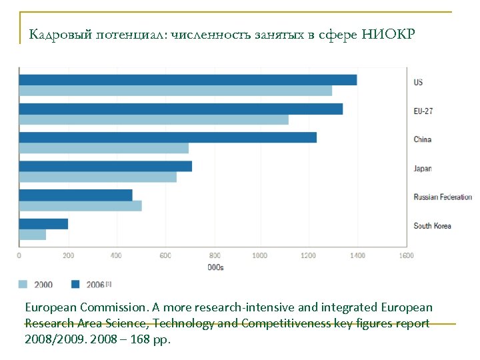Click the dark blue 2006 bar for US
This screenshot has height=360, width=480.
coord(187,80)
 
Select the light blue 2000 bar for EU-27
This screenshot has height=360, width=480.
coord(153,119)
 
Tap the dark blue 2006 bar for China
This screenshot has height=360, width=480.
coord(167,137)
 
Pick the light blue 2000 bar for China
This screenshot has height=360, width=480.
coord(103,148)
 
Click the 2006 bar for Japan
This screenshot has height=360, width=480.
coord(105,166)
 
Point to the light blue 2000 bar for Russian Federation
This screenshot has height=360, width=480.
coord(80,206)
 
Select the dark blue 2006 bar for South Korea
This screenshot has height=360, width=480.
coord(43,224)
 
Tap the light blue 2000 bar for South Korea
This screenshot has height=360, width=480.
coord(32,235)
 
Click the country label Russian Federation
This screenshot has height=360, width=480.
coord(442,197)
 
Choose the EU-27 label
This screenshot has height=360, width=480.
coord(423,111)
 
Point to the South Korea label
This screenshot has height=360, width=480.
coord(432,226)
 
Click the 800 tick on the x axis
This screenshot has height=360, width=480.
coord(215,255)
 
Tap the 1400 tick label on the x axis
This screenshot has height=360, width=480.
coord(357,255)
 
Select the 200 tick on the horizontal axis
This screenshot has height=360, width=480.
coord(68,255)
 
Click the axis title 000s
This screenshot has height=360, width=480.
coord(215,267)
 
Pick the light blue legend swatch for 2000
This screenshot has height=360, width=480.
coord(23,285)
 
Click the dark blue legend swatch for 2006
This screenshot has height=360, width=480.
coord(75,285)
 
